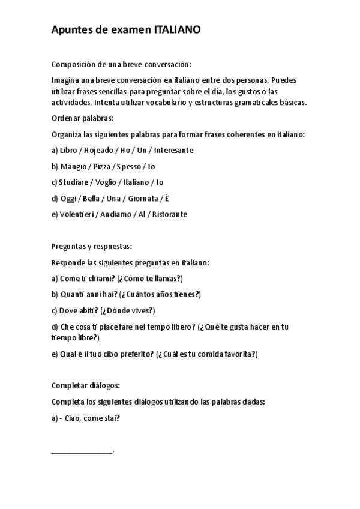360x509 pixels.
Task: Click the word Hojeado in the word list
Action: click(x=99, y=150)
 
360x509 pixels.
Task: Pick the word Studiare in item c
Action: click(x=75, y=182)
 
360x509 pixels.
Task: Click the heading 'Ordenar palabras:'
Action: click(x=83, y=118)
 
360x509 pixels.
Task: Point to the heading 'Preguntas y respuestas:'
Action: click(x=92, y=247)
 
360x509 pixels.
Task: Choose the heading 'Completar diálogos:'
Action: click(x=86, y=385)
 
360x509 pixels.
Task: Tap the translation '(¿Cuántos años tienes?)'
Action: click(x=160, y=294)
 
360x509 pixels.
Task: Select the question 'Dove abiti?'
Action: click(x=79, y=310)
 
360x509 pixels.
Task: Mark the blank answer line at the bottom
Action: click(x=82, y=451)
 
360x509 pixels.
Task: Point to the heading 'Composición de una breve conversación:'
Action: click(x=121, y=65)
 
